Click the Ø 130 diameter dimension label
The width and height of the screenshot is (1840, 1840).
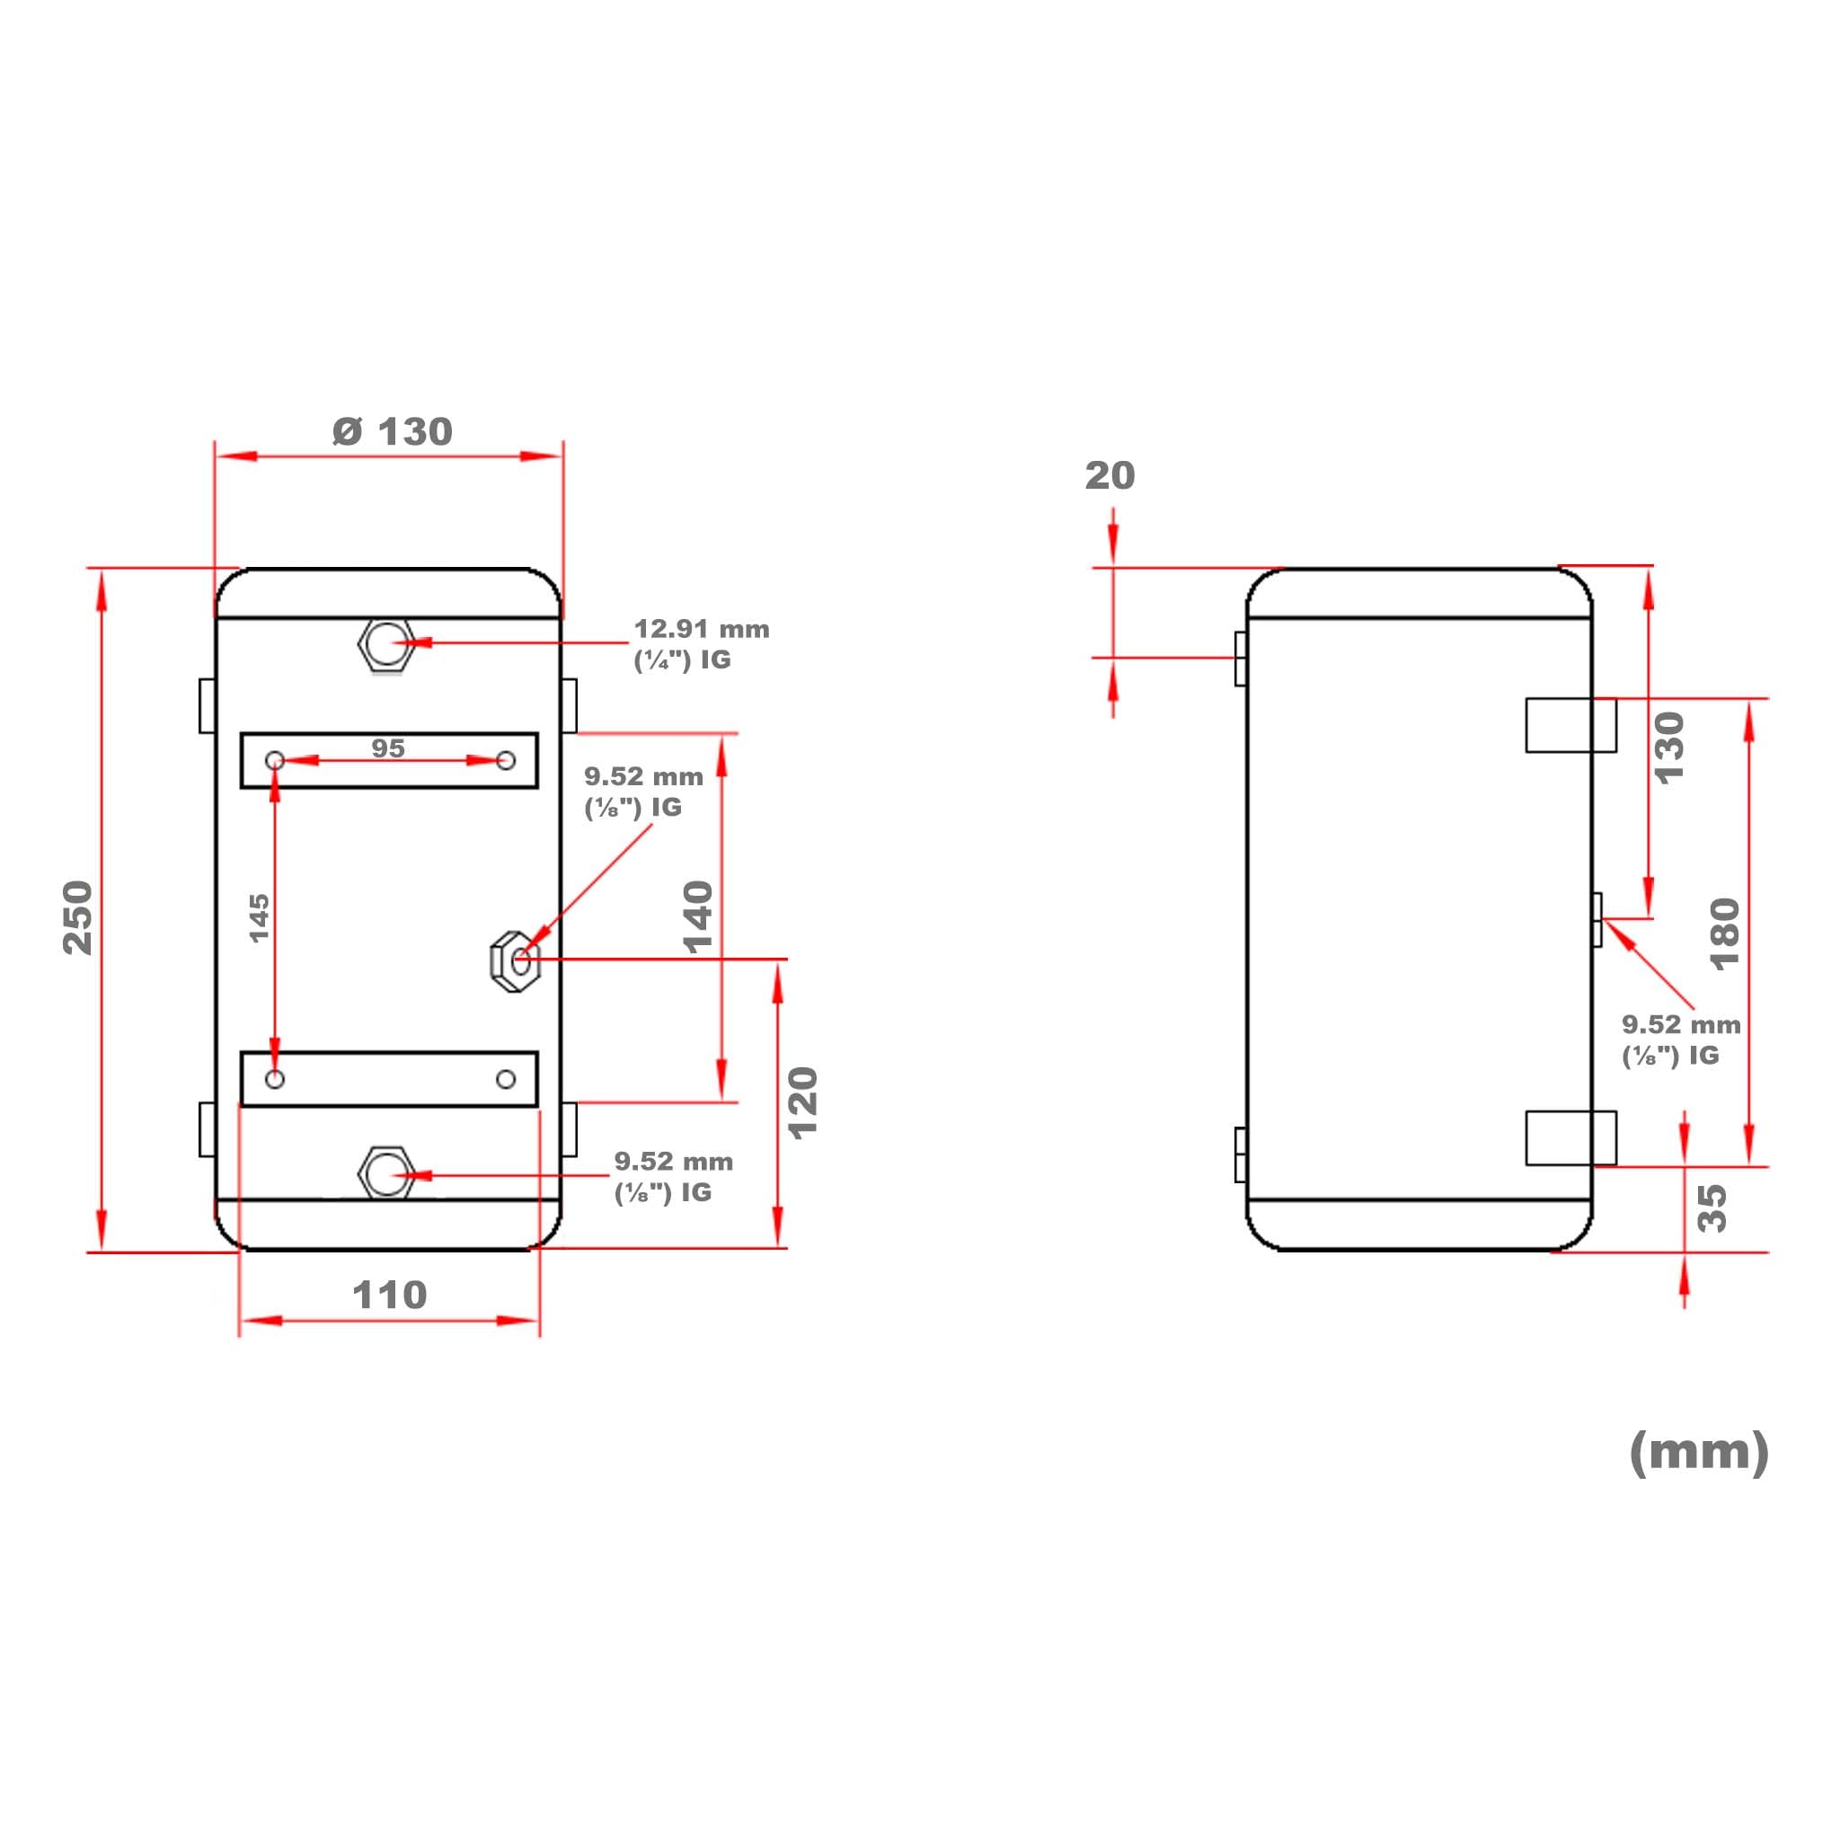click(x=393, y=431)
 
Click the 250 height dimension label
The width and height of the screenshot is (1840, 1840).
click(x=78, y=917)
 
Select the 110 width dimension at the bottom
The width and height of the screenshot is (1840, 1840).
click(x=390, y=1295)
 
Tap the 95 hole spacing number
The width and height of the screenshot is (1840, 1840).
click(x=387, y=748)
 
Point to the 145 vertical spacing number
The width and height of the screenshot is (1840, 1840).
click(x=259, y=918)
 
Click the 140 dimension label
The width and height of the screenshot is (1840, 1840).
click(x=698, y=917)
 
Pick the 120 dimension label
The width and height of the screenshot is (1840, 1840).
click(x=804, y=1103)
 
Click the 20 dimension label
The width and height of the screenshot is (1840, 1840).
click(x=1110, y=475)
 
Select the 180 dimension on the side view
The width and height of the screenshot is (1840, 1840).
click(x=1725, y=934)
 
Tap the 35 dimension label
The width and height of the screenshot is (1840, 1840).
click(x=1712, y=1208)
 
